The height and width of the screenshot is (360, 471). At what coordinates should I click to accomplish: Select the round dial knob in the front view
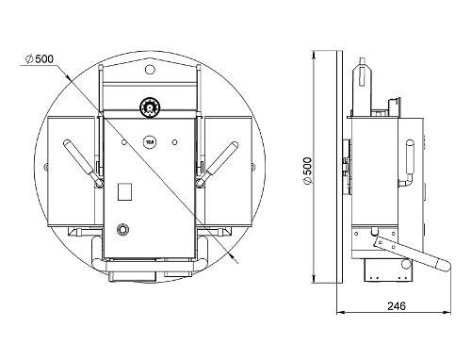pos(148,107)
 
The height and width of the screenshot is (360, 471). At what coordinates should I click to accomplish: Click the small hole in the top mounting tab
pos(149,69)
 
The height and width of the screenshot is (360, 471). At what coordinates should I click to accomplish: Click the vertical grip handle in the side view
pos(411,163)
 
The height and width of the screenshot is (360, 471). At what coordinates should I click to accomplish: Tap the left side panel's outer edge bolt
pos(43,168)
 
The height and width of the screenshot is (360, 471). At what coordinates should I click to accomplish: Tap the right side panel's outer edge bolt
pos(252,168)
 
